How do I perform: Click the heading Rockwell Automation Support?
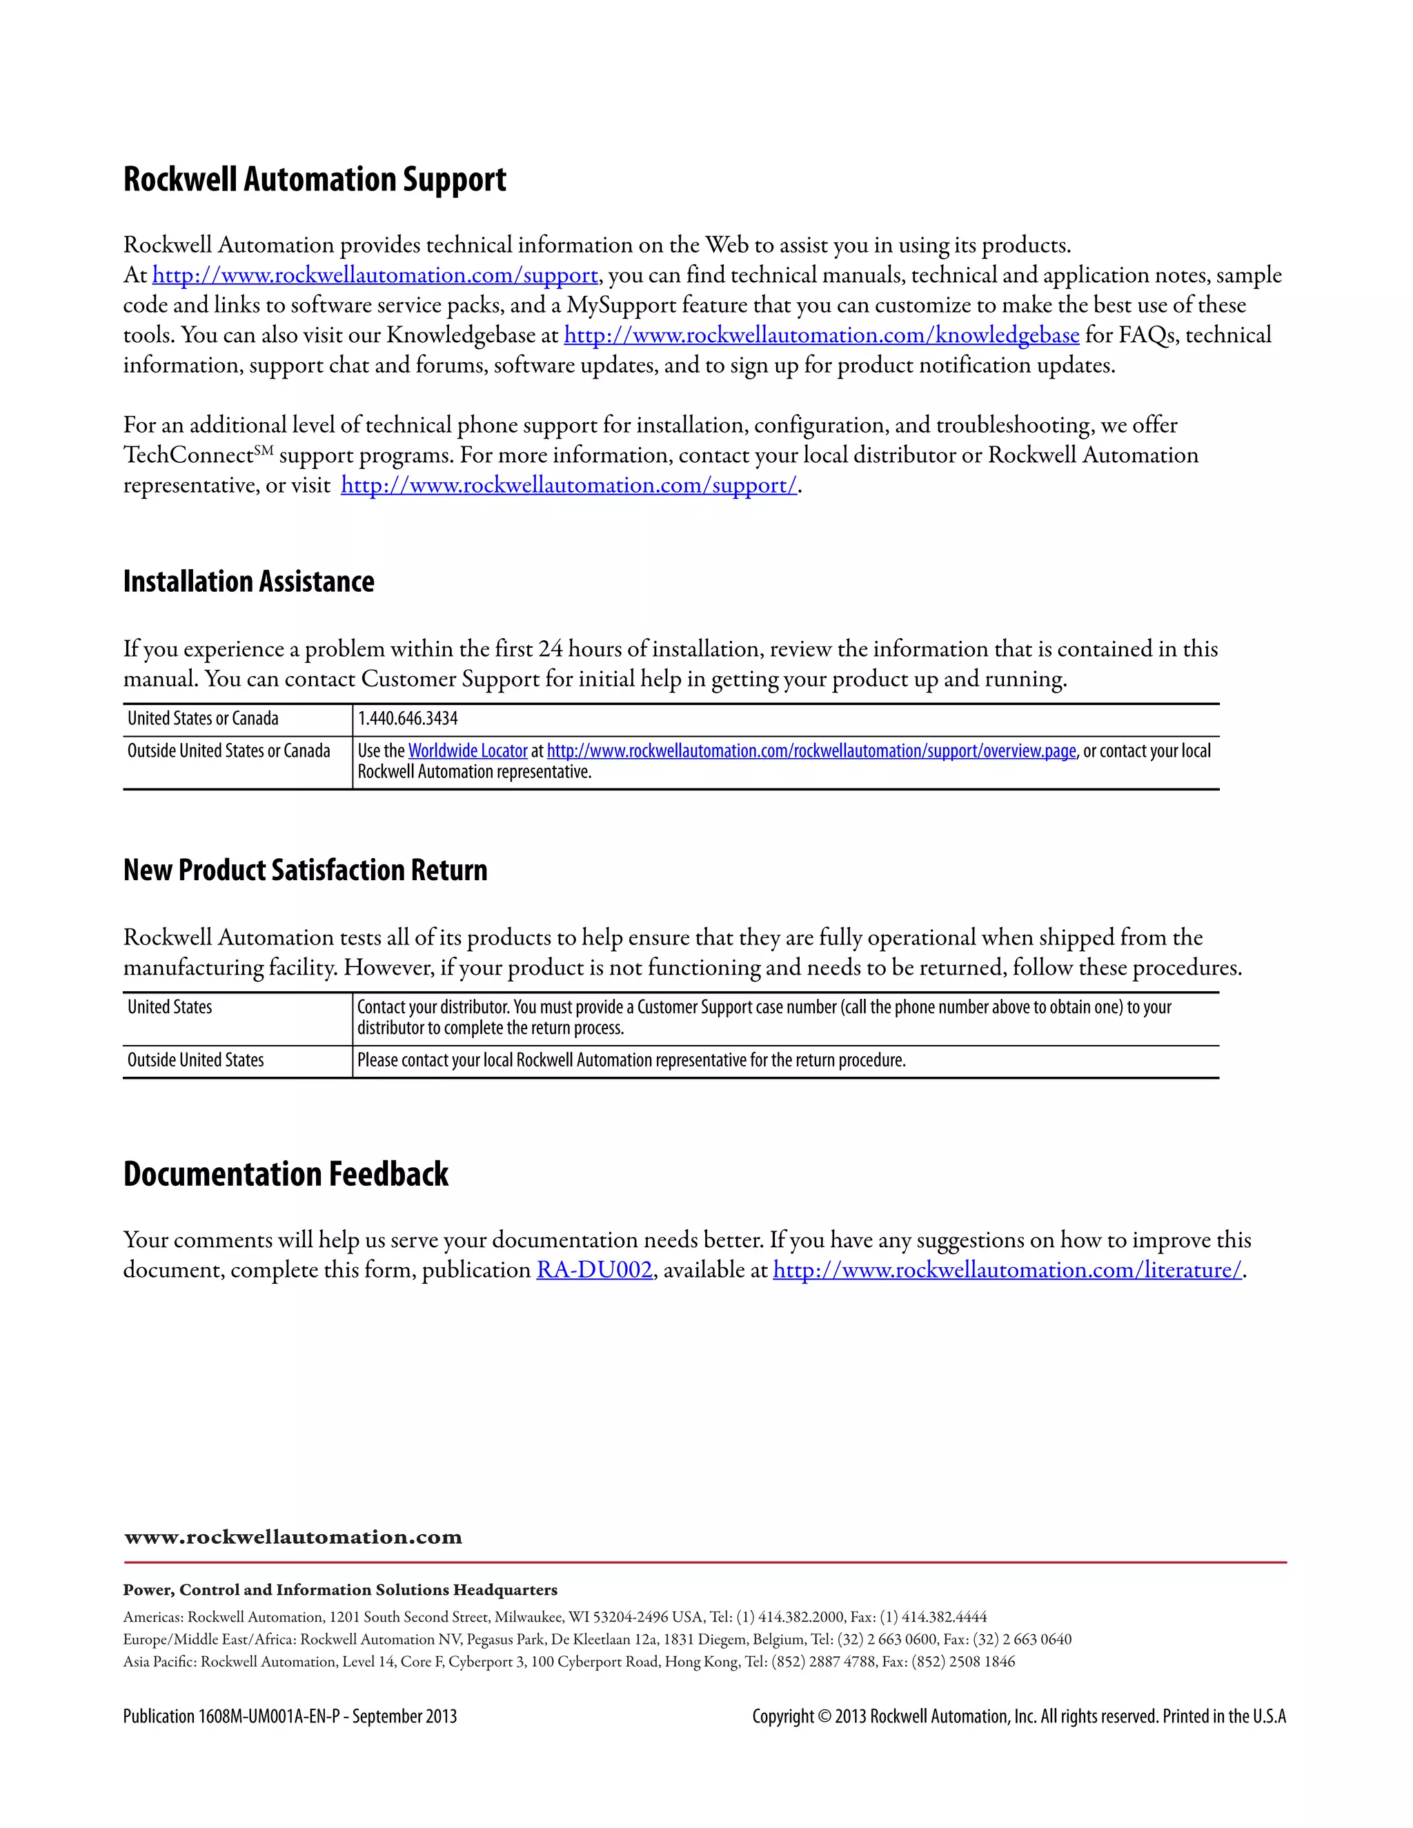coord(314,180)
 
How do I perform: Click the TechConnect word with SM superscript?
coord(189,456)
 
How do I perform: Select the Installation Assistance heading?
coord(248,582)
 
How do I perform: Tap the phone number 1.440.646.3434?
coord(408,719)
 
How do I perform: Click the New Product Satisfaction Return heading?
coord(305,871)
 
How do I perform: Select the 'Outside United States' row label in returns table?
coord(195,1060)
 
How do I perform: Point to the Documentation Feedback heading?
coord(286,1174)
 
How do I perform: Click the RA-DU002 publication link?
coord(593,1271)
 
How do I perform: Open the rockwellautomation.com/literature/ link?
coord(1007,1271)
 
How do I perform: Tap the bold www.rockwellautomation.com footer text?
coord(293,1538)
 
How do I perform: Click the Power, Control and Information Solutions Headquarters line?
coord(340,1589)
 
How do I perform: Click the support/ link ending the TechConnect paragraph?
coord(569,486)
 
